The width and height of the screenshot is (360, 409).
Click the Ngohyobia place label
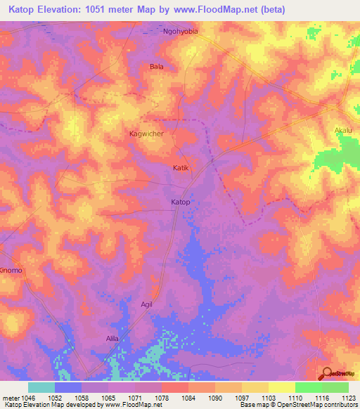point(181,32)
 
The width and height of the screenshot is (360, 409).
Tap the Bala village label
point(156,67)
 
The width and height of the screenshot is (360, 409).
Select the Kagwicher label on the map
point(147,134)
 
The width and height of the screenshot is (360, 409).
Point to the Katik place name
point(181,168)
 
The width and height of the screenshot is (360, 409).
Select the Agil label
point(146,304)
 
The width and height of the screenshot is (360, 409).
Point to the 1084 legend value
point(174,398)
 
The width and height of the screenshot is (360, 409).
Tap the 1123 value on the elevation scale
point(348,398)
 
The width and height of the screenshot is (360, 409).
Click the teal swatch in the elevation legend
point(41,387)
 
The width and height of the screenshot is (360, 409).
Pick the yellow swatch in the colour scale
point(255,387)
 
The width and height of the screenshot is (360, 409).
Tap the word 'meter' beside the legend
point(11,398)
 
